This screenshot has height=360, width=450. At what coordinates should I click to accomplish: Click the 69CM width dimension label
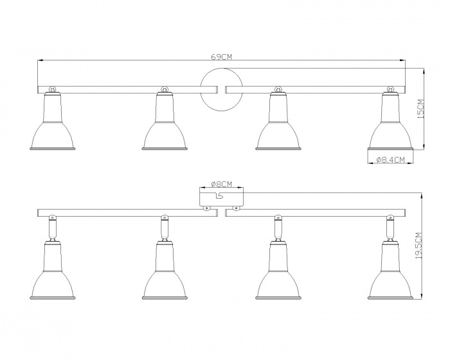pyautogui.click(x=221, y=57)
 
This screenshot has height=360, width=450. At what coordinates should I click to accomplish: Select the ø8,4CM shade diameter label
pyautogui.click(x=390, y=159)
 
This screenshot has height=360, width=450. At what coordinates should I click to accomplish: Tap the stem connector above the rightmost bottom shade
pyautogui.click(x=390, y=228)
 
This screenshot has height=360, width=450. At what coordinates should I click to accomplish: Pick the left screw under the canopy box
pyautogui.click(x=206, y=208)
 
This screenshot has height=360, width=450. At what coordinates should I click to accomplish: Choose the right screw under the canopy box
pyautogui.click(x=235, y=208)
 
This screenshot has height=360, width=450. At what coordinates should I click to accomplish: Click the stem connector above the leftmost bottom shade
pyautogui.click(x=53, y=228)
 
